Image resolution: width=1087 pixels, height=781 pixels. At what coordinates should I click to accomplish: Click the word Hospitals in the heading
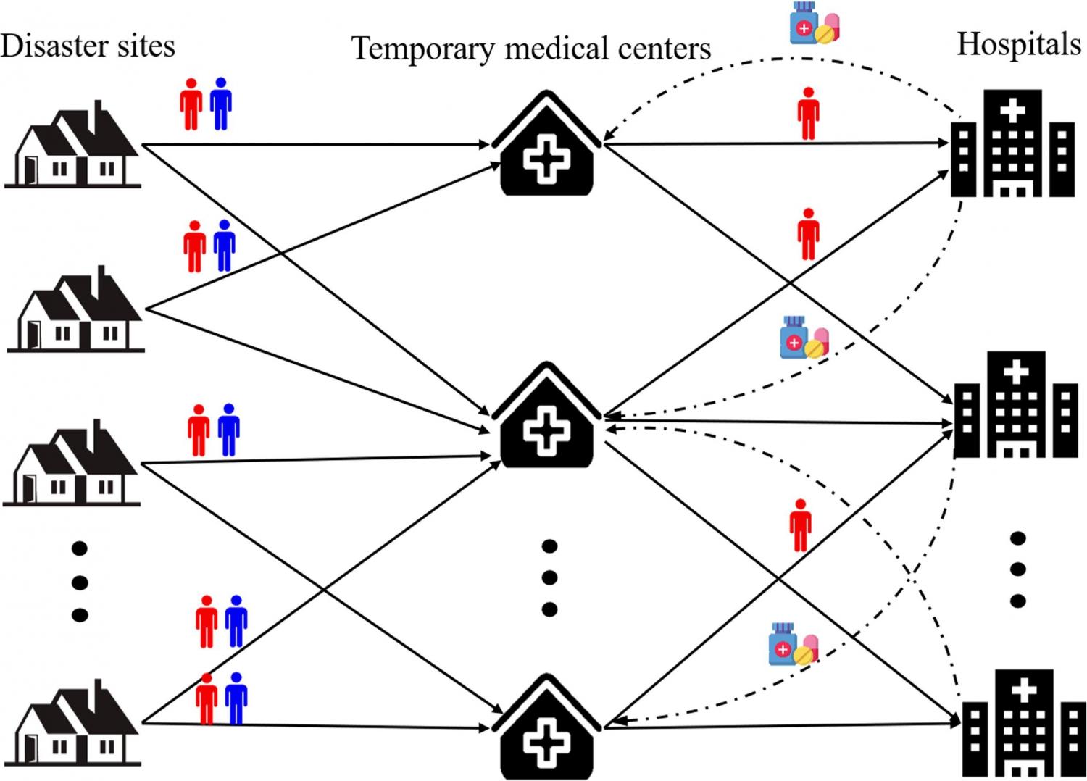coord(1018,45)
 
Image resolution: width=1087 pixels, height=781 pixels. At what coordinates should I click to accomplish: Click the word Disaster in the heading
coord(43,46)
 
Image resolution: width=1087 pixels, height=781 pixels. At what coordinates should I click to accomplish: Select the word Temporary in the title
coord(422,49)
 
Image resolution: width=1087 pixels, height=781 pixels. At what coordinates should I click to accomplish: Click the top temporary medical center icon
coord(546,145)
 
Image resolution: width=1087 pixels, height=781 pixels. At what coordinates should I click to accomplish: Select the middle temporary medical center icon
coord(546,417)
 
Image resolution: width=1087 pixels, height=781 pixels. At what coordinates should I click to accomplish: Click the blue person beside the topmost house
coord(220,104)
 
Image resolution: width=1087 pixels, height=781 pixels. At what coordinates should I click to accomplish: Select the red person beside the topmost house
coord(191,104)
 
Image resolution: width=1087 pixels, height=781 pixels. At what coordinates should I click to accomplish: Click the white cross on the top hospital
coord(1012,110)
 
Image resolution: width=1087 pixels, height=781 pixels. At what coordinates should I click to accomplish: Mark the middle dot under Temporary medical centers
coord(549,577)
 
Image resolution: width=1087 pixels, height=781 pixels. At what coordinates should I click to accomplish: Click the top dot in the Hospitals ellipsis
coord(1017,538)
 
